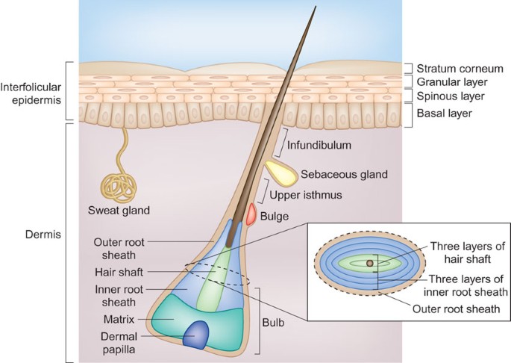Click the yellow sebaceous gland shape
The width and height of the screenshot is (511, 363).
tap(281, 173)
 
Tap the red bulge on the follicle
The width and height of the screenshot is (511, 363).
tap(251, 214)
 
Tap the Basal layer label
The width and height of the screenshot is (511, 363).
tap(445, 114)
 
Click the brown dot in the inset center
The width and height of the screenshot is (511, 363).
tap(369, 263)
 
